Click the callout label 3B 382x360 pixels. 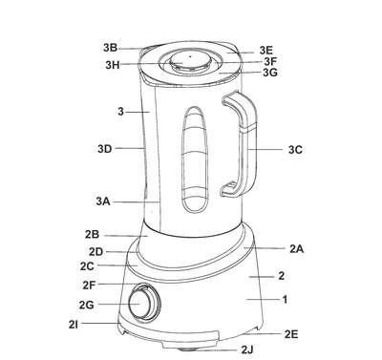tap(110, 48)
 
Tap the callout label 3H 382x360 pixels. tap(113, 65)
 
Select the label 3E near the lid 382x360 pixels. tap(266, 51)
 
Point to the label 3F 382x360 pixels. tap(271, 61)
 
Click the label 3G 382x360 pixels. tap(270, 73)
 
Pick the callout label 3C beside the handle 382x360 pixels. tap(295, 150)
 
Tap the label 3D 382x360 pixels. tap(105, 149)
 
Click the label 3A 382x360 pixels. tap(103, 201)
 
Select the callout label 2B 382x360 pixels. tap(92, 235)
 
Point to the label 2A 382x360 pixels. tap(296, 249)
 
